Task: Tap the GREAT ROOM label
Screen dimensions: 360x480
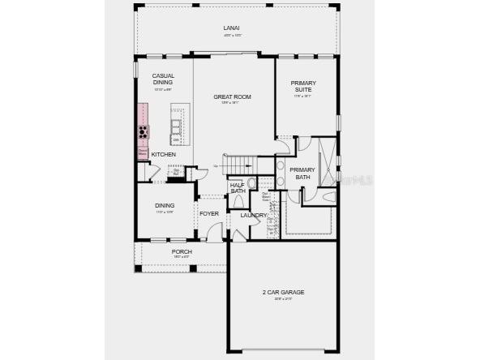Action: tap(232, 96)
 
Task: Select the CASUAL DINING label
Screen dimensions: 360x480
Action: tap(163, 79)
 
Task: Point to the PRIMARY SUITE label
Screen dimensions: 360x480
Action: tap(302, 87)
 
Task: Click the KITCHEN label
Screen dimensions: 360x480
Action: tap(163, 154)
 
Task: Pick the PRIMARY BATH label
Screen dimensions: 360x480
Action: tap(302, 173)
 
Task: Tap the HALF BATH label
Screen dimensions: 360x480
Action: tap(238, 188)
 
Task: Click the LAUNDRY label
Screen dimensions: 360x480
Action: tap(253, 215)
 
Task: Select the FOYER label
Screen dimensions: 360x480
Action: tap(209, 214)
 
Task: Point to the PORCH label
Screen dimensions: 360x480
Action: tap(182, 251)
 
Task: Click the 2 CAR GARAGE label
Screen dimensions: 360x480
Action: tap(283, 292)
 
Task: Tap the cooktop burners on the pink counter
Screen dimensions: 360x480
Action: tap(144, 131)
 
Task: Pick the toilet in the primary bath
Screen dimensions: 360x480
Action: tap(328, 197)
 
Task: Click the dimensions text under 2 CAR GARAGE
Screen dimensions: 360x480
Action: tap(283, 299)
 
